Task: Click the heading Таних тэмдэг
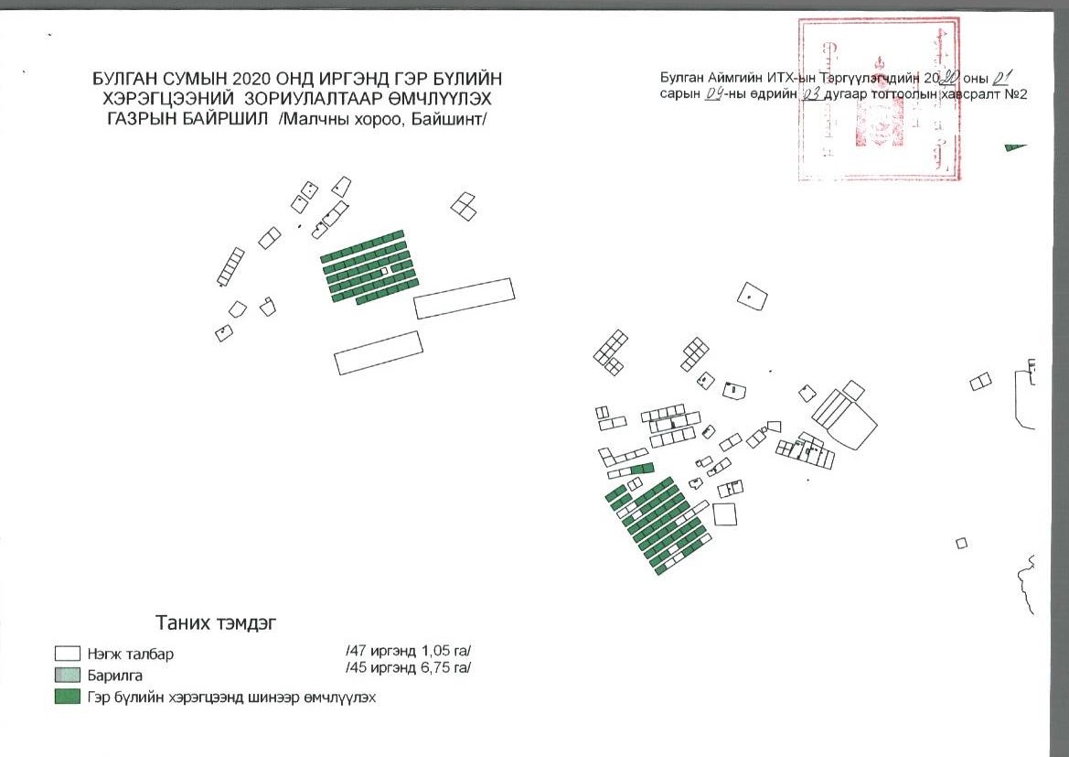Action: coord(217,623)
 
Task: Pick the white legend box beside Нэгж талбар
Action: coord(67,654)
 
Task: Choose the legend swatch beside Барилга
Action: coord(67,676)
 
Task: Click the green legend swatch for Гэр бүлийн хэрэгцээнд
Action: coord(67,698)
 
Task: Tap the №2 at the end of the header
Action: coord(1015,92)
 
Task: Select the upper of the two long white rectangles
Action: coord(464,297)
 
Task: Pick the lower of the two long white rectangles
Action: coord(379,352)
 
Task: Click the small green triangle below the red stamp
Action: coord(1013,146)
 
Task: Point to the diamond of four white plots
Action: coord(465,206)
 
